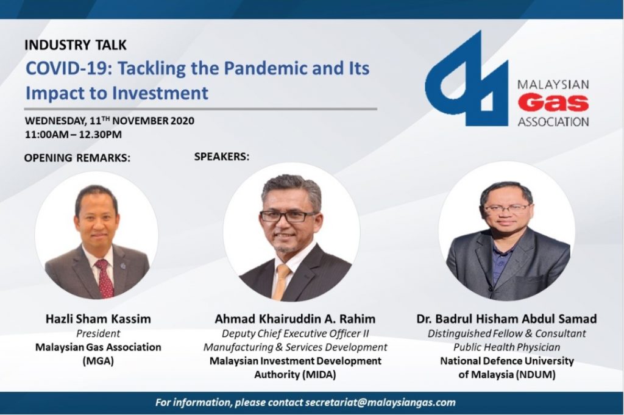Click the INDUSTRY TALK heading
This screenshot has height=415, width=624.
tap(75, 45)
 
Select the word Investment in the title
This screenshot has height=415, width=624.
tap(160, 93)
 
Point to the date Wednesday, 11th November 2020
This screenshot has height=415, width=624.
tap(110, 121)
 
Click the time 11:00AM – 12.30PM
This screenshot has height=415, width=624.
tap(73, 135)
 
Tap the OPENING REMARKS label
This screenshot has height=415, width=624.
tap(77, 158)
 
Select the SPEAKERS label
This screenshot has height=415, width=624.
tap(222, 157)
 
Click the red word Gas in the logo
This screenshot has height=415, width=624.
tap(553, 103)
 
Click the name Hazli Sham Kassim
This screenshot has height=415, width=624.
tap(98, 319)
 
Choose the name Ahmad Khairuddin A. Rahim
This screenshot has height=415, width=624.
tap(295, 319)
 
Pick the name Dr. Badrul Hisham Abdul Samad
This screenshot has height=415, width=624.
tap(506, 319)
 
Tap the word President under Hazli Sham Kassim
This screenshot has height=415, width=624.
tap(98, 333)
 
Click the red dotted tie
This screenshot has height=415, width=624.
tap(105, 278)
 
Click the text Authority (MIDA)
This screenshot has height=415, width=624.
tap(295, 375)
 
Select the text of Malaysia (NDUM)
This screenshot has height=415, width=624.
tap(506, 375)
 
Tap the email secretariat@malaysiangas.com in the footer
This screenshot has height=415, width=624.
tap(380, 402)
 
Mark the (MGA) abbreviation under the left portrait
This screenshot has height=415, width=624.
tap(98, 361)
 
